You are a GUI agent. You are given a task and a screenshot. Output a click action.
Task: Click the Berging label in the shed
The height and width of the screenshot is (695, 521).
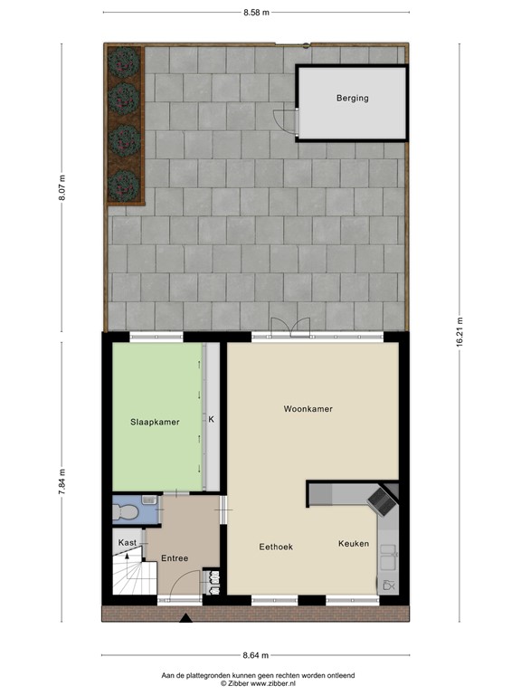(x=352, y=98)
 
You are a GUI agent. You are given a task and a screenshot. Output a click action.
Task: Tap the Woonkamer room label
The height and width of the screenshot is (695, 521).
(x=308, y=409)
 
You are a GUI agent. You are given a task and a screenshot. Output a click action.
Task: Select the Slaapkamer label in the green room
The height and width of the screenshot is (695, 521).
(x=155, y=422)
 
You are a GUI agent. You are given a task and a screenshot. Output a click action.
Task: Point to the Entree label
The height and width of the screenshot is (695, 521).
(x=175, y=558)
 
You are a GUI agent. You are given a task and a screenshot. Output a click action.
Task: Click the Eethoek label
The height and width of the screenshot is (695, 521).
(x=274, y=546)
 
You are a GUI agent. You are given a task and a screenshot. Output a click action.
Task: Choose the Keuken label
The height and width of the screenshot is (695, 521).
(x=354, y=543)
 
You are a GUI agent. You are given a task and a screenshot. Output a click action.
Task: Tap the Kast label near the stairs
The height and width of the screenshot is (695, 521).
(x=128, y=542)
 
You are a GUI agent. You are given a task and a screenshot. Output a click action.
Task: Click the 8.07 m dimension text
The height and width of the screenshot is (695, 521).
(x=62, y=188)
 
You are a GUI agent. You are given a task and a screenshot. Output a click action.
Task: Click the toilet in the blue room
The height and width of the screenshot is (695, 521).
(x=126, y=511)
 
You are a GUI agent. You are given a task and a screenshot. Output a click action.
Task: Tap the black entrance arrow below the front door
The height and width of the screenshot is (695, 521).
(x=186, y=619)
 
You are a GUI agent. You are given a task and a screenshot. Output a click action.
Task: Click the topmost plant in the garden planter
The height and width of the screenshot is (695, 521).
(x=122, y=62)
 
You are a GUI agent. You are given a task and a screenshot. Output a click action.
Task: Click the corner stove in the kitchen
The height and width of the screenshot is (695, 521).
(x=382, y=499)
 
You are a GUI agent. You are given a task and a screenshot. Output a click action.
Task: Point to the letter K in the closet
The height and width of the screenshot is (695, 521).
(x=211, y=420)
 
